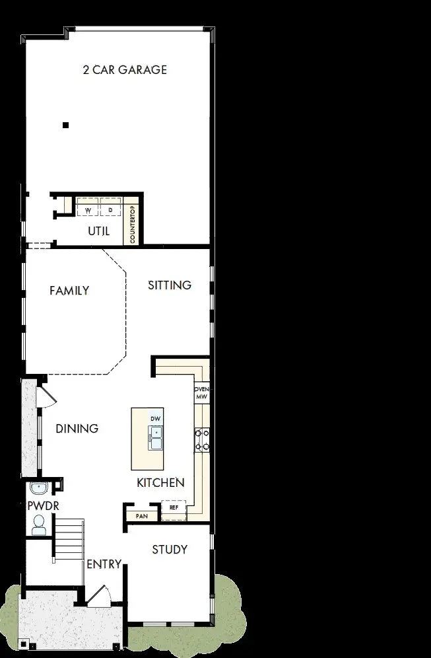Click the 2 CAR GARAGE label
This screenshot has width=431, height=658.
click(x=125, y=69)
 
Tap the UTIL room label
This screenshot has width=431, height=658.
click(x=99, y=231)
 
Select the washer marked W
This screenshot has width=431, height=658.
click(x=88, y=209)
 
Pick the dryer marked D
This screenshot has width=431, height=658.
click(x=110, y=209)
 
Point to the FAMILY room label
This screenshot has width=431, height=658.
click(x=69, y=290)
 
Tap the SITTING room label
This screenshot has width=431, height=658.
click(x=170, y=285)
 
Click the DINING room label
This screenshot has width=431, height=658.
click(x=77, y=429)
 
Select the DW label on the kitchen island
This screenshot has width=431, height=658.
click(x=155, y=420)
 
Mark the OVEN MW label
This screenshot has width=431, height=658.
click(x=201, y=393)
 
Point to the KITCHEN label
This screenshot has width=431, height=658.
click(x=160, y=483)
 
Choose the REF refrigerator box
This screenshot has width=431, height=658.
click(x=174, y=508)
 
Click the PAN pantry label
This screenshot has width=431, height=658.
click(x=141, y=515)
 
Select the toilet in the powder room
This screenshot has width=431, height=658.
click(x=38, y=525)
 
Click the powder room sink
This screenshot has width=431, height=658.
click(x=40, y=489)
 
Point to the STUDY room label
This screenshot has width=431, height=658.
click(x=170, y=550)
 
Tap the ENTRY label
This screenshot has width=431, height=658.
click(x=104, y=564)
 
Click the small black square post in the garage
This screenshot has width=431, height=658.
click(x=65, y=125)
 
